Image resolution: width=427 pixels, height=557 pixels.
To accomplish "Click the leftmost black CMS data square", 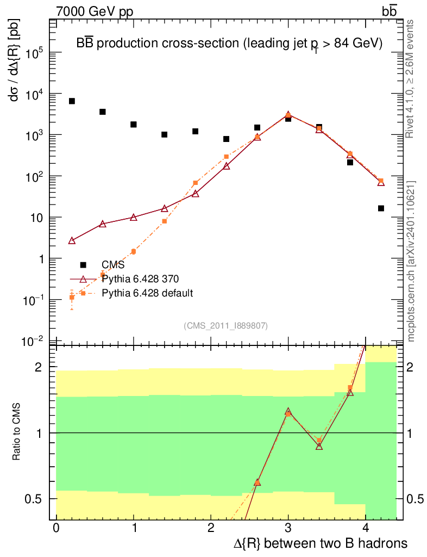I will point(72,101).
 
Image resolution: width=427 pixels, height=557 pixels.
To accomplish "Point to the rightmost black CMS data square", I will point(381,208).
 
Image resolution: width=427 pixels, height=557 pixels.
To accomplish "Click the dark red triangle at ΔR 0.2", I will point(72,240).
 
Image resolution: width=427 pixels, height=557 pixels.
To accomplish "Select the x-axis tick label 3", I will point(288,528).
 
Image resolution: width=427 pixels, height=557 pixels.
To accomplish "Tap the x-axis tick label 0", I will point(56,528).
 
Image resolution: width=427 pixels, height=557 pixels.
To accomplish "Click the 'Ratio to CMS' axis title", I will point(17,432).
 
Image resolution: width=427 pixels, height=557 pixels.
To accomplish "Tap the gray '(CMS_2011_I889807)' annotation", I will point(226,325).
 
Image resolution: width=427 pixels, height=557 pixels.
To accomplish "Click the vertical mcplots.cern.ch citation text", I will point(411,261).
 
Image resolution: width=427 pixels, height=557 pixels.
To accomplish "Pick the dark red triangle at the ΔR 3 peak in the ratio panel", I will point(288,412).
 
